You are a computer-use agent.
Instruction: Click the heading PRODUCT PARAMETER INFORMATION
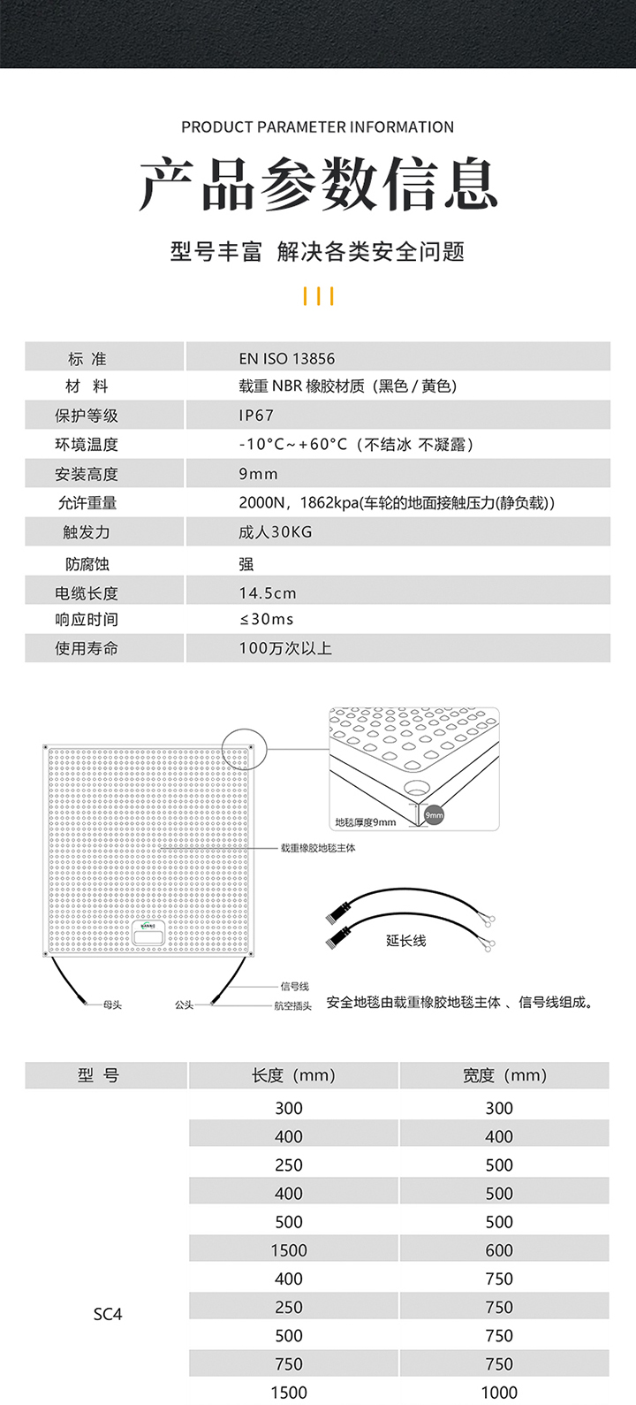[x=318, y=127]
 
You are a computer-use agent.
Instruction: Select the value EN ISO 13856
[x=287, y=359]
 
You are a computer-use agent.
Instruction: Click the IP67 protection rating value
[x=256, y=416]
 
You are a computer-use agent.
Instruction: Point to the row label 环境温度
[x=87, y=445]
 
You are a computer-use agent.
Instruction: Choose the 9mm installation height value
[x=258, y=474]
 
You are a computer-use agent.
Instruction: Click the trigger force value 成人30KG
[x=276, y=532]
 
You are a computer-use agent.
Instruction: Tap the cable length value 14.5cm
[x=268, y=593]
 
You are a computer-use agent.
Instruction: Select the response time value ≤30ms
[x=266, y=620]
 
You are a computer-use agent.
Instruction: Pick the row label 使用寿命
[x=87, y=649]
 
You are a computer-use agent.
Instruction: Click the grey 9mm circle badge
[x=434, y=815]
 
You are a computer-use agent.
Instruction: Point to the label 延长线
[x=405, y=941]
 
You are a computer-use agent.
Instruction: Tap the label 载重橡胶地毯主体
[x=318, y=848]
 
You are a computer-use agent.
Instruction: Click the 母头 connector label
[x=112, y=1005]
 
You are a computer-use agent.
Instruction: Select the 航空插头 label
[x=292, y=1006]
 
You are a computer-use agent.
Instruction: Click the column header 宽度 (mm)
[x=504, y=1076]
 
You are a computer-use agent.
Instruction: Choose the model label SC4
[x=108, y=1315]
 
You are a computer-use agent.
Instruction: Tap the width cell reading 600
[x=499, y=1250]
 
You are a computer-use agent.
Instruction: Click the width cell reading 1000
[x=499, y=1393]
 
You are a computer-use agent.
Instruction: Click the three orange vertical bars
[x=318, y=296]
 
